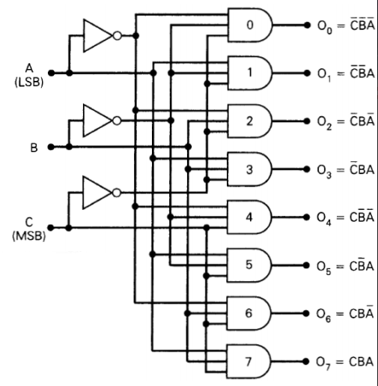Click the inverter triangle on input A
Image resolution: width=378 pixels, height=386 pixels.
click(98, 34)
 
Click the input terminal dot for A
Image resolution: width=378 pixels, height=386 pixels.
click(51, 73)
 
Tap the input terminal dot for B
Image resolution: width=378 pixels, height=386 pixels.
click(51, 147)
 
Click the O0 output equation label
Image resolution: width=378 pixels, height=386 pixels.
click(345, 27)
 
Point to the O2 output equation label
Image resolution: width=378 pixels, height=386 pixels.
click(345, 122)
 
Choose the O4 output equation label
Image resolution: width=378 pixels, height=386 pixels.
click(345, 217)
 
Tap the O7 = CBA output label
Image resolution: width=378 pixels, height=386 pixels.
click(345, 361)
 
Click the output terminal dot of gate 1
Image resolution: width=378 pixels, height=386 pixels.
click(305, 74)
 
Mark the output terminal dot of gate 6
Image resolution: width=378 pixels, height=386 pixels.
click(305, 313)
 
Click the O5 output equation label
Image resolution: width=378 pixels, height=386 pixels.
click(345, 265)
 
